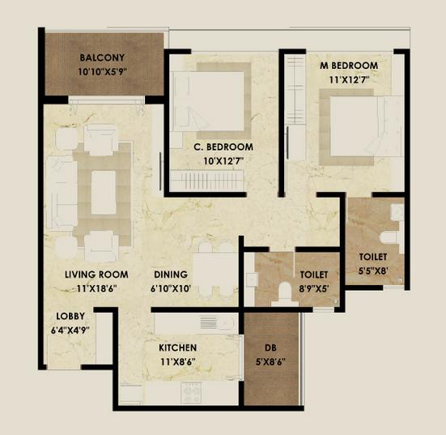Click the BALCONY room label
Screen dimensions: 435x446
[102, 58]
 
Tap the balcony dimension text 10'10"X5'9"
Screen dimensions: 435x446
[102, 71]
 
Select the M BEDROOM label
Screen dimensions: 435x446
[350, 65]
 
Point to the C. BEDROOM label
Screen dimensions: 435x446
[223, 147]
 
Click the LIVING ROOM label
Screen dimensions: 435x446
[96, 275]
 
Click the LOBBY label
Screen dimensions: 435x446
[71, 316]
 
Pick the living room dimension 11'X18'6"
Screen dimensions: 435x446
[96, 288]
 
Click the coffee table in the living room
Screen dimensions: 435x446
[103, 193]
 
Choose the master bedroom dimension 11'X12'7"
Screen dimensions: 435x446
[350, 79]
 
